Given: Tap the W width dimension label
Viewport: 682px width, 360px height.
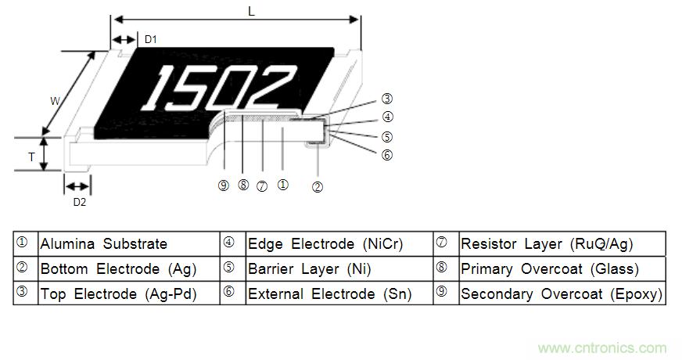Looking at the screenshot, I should tap(55, 100).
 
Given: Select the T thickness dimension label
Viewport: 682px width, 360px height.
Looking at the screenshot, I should tap(31, 157).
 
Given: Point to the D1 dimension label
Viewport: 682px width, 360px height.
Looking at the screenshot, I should tap(152, 39).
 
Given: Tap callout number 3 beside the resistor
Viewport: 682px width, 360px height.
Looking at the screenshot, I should tap(386, 99).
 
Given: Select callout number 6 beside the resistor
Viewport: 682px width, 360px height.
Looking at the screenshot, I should tap(386, 155).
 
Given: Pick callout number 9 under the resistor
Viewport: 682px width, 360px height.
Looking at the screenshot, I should tap(224, 185).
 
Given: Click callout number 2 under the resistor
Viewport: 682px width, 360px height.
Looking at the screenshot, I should tap(318, 186).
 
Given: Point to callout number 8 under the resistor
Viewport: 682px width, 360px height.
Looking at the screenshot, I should tap(243, 185).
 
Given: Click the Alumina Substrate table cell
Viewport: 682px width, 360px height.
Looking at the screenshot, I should tap(103, 244).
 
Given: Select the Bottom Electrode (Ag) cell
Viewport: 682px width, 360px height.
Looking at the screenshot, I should tap(118, 269).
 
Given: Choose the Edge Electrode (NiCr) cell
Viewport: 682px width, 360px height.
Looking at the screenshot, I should tap(325, 244).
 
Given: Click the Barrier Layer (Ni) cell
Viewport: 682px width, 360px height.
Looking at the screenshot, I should tap(309, 269).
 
